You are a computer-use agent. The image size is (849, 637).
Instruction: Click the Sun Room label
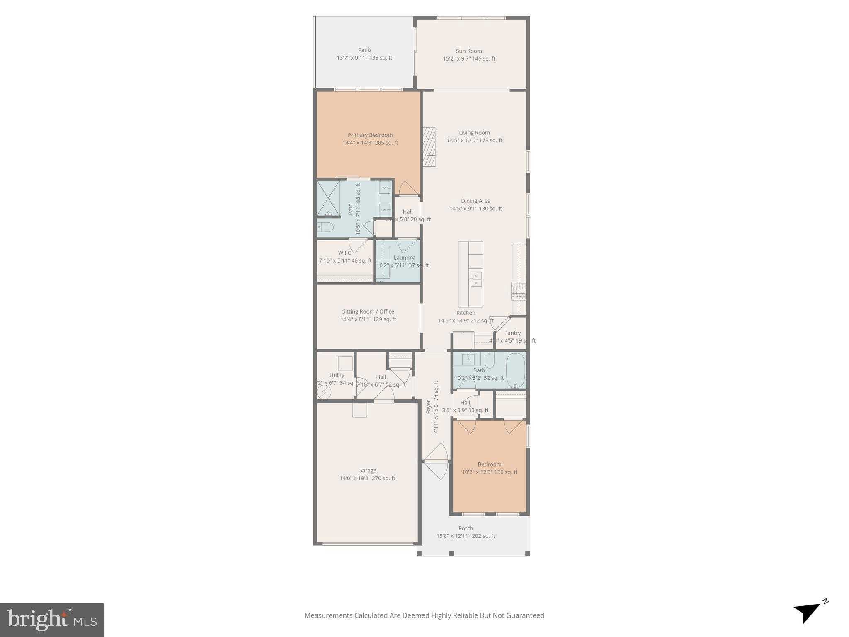(x=469, y=51)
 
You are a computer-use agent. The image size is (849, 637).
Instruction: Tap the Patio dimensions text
(x=364, y=58)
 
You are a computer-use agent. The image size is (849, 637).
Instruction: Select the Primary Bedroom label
(x=370, y=135)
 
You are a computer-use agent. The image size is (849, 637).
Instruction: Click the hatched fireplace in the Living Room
(x=429, y=147)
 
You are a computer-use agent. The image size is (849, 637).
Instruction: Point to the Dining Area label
(x=475, y=201)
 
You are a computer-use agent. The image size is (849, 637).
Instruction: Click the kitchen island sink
(x=476, y=280)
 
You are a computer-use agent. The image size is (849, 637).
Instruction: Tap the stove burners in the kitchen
(x=518, y=291)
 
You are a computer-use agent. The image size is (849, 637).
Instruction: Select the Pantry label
(x=512, y=333)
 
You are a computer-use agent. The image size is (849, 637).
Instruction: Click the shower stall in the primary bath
(x=328, y=198)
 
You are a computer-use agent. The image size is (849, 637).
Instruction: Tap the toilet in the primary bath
(x=325, y=227)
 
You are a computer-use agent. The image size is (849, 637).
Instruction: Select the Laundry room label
(x=404, y=258)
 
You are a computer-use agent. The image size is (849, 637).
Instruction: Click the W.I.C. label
(x=345, y=253)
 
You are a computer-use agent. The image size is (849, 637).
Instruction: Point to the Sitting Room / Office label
(x=368, y=311)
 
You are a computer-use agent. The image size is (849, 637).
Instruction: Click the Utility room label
(x=337, y=375)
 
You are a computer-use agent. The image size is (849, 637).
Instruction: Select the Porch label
(x=466, y=528)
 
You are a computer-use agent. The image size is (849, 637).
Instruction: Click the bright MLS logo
(x=52, y=620)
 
